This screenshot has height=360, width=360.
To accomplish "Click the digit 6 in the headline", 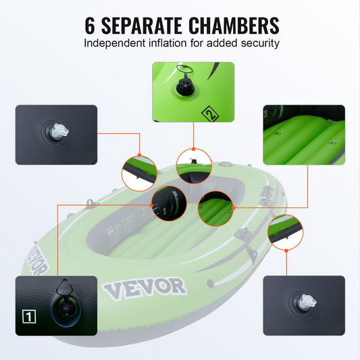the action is (90, 26).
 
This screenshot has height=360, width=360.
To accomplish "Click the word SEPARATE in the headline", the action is (141, 26).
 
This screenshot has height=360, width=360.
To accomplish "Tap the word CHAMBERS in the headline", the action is (234, 26).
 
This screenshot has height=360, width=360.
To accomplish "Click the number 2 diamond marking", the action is (210, 113).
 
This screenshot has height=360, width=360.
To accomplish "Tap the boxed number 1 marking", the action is (29, 317).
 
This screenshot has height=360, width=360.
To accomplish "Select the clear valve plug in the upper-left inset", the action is (59, 131).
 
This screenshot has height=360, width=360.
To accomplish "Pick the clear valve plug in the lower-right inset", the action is (307, 301).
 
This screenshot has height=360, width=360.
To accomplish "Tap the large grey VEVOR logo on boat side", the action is (144, 288).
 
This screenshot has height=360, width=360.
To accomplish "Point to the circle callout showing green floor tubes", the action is (216, 209).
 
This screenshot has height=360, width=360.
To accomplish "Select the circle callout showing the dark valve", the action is (170, 203).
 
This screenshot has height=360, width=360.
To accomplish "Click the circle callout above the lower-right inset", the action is (286, 232).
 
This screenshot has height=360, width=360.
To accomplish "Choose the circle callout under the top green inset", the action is (194, 166).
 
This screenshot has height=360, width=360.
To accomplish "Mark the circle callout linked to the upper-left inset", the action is (139, 173).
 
